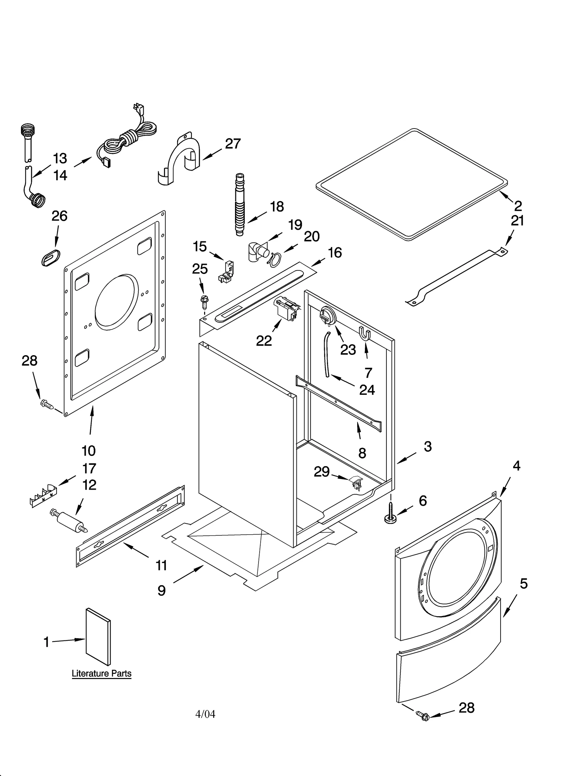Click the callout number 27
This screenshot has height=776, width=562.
tap(233, 144)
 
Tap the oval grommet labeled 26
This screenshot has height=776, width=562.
tap(51, 259)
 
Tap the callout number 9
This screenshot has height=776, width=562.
tap(161, 591)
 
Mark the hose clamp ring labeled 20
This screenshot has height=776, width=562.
tap(274, 258)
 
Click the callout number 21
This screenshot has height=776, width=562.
tap(517, 221)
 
